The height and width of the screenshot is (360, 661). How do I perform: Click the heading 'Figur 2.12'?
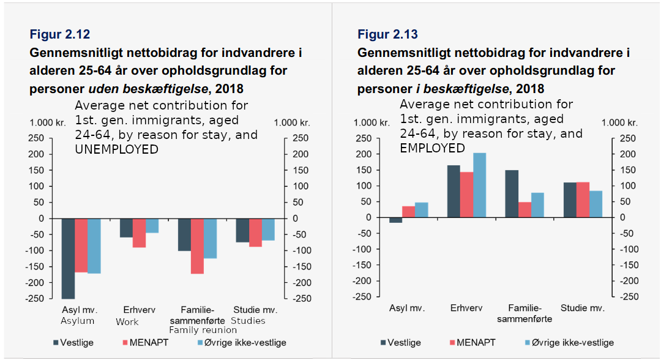(x=60, y=34)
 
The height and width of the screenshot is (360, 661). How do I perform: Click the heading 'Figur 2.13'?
(x=388, y=34)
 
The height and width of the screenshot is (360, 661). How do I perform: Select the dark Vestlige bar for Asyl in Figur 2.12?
(x=68, y=258)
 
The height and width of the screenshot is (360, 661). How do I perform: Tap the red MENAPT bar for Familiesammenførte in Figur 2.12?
(x=197, y=246)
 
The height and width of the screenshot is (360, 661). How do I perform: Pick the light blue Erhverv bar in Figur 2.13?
(x=479, y=185)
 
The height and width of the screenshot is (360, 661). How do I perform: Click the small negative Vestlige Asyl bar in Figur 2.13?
(x=395, y=220)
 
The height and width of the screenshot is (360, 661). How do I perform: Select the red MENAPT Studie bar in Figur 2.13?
(x=583, y=200)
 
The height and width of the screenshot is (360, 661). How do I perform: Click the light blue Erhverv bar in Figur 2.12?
(x=152, y=225)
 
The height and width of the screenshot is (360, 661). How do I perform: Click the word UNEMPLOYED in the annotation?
(x=116, y=149)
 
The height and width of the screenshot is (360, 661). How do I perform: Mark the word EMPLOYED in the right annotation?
(x=432, y=148)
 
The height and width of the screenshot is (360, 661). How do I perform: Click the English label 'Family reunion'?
(x=203, y=330)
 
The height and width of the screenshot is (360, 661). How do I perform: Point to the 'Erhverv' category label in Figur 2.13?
(x=466, y=308)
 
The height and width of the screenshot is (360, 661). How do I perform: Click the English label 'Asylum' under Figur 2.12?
(x=78, y=321)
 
